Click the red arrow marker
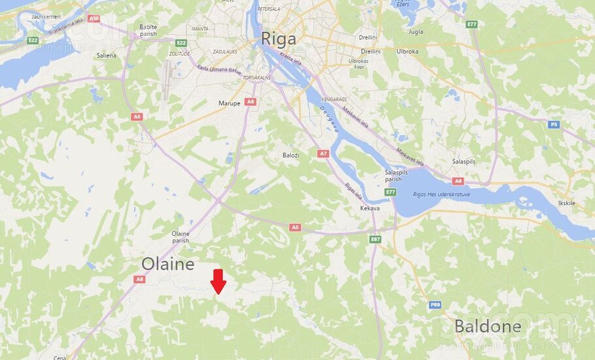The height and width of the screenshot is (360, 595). click(219, 281)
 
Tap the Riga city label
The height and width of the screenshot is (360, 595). click(279, 39)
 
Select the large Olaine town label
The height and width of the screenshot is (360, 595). click(168, 264)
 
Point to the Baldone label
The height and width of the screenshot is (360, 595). click(488, 326)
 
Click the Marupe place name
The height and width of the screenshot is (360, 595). click(230, 103)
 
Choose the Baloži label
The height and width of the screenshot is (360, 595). click(292, 155)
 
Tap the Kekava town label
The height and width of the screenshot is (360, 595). click(370, 208)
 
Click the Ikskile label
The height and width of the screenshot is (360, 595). click(566, 203)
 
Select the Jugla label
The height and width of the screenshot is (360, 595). click(415, 31)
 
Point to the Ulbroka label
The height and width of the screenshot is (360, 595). click(407, 51)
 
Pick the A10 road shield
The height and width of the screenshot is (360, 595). click(93, 18)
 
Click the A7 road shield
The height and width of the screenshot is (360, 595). click(323, 154)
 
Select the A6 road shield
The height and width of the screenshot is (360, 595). click(458, 181)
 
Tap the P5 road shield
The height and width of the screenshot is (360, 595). click(554, 124)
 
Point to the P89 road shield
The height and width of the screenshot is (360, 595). click(435, 304)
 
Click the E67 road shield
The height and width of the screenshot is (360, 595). click(375, 239)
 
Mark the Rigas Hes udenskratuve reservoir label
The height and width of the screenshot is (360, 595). click(443, 194)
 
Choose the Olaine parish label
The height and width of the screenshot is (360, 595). click(180, 237)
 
